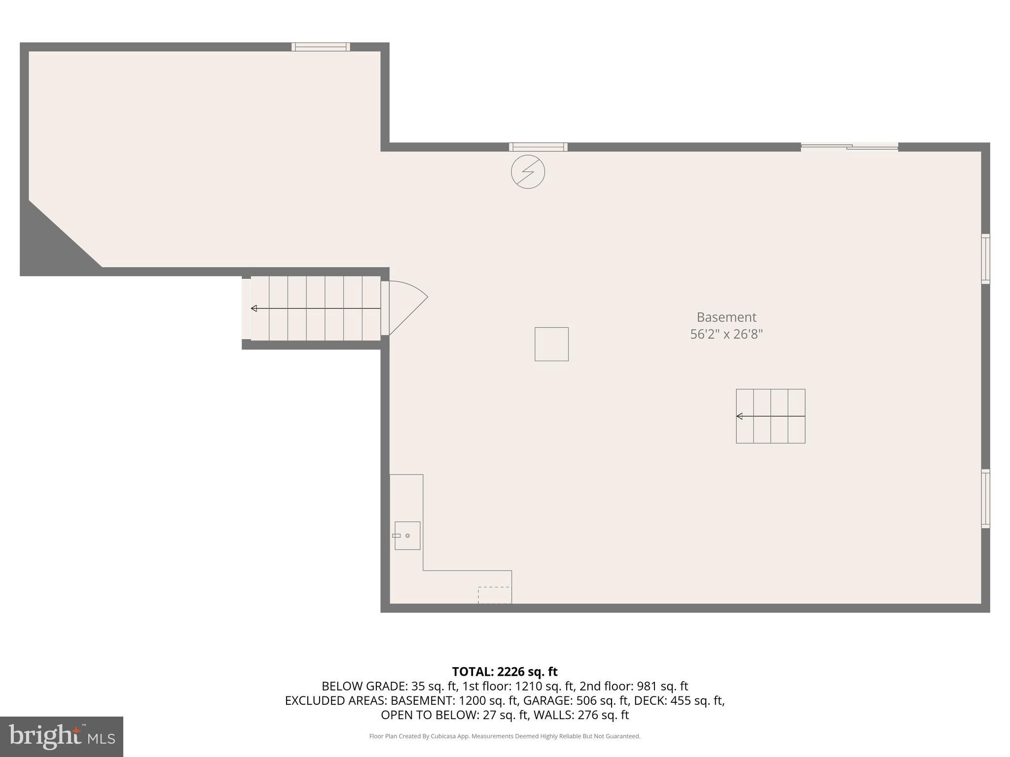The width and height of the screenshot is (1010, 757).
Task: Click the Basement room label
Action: click(x=726, y=317)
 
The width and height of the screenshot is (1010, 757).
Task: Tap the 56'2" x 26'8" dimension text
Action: click(x=726, y=334)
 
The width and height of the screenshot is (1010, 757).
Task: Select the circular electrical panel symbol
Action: click(x=528, y=172)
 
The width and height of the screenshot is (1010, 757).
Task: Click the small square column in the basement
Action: click(x=551, y=344)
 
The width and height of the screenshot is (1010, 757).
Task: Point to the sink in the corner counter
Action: click(x=407, y=536)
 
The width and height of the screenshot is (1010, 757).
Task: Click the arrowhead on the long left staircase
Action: click(x=254, y=309)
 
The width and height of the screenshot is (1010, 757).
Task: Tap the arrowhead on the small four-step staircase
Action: click(x=739, y=416)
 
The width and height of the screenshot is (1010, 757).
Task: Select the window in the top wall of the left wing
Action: click(x=321, y=47)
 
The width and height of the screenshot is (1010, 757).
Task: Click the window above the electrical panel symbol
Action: click(x=538, y=147)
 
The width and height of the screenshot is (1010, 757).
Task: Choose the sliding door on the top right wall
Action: click(x=849, y=146)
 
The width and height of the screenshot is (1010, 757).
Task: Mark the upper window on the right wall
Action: click(x=985, y=259)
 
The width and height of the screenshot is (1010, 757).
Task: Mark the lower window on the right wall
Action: click(x=985, y=498)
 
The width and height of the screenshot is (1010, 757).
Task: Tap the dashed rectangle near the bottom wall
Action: click(x=495, y=595)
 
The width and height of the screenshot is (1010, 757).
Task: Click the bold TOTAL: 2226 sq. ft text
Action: click(x=505, y=672)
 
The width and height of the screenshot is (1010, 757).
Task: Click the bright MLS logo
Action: click(x=62, y=736)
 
